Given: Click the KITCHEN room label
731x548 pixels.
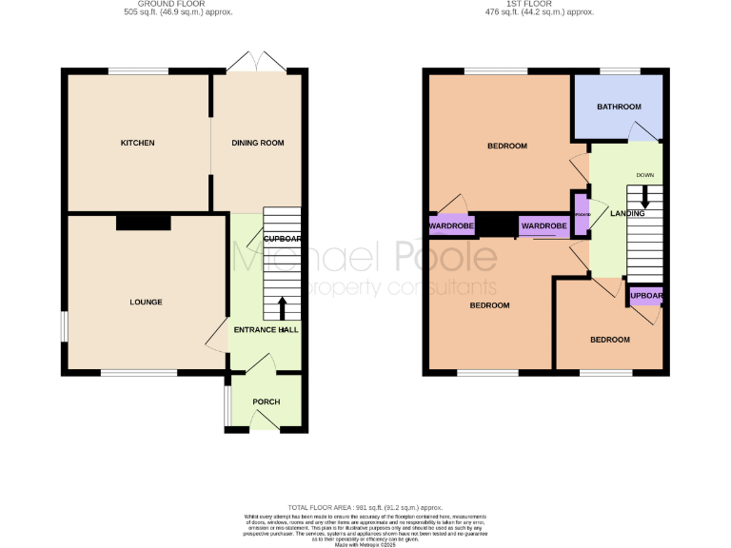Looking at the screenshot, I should pos(137,143).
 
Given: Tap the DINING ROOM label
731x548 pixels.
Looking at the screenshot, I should pos(258,143).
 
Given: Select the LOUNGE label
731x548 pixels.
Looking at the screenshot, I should pos(146,303).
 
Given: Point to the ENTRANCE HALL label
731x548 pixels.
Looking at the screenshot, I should pos(266,329).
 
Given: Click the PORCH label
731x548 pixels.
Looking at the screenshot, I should pos(266,401).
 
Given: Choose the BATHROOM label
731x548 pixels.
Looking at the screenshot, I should pos(619,107).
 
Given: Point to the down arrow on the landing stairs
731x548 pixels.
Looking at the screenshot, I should pos(645,196).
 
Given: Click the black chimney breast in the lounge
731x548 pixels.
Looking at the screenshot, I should pos(144,222).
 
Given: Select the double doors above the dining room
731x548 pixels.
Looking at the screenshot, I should pos(257,64).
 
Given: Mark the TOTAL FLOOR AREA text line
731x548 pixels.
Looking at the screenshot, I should pos(365,508).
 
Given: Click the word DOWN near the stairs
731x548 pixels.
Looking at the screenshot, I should pos(645,175).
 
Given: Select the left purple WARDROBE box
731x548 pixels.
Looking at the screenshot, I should pos(451,226).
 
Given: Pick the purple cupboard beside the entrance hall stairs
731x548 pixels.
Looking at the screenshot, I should pos(282,238).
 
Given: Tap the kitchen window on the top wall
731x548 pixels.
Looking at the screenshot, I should pos(138,71).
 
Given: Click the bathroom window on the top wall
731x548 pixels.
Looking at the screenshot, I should pos(619,71).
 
